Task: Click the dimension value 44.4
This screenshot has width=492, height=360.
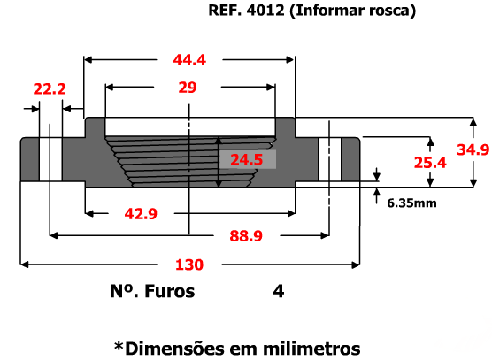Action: coord(189,60)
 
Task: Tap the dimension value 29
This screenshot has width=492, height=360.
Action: coord(188,88)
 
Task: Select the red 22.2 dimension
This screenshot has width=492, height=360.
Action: coord(50,89)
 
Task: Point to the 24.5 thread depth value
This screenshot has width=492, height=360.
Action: coord(247,159)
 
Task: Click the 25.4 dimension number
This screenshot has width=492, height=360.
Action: coord(430,163)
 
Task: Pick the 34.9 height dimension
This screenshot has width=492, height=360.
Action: coord(473,149)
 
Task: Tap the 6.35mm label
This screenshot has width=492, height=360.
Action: coord(411,203)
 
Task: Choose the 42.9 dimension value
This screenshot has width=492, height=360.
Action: coord(141,214)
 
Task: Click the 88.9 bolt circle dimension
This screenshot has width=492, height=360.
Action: coord(246,236)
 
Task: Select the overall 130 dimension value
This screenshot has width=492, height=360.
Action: coord(189,264)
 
